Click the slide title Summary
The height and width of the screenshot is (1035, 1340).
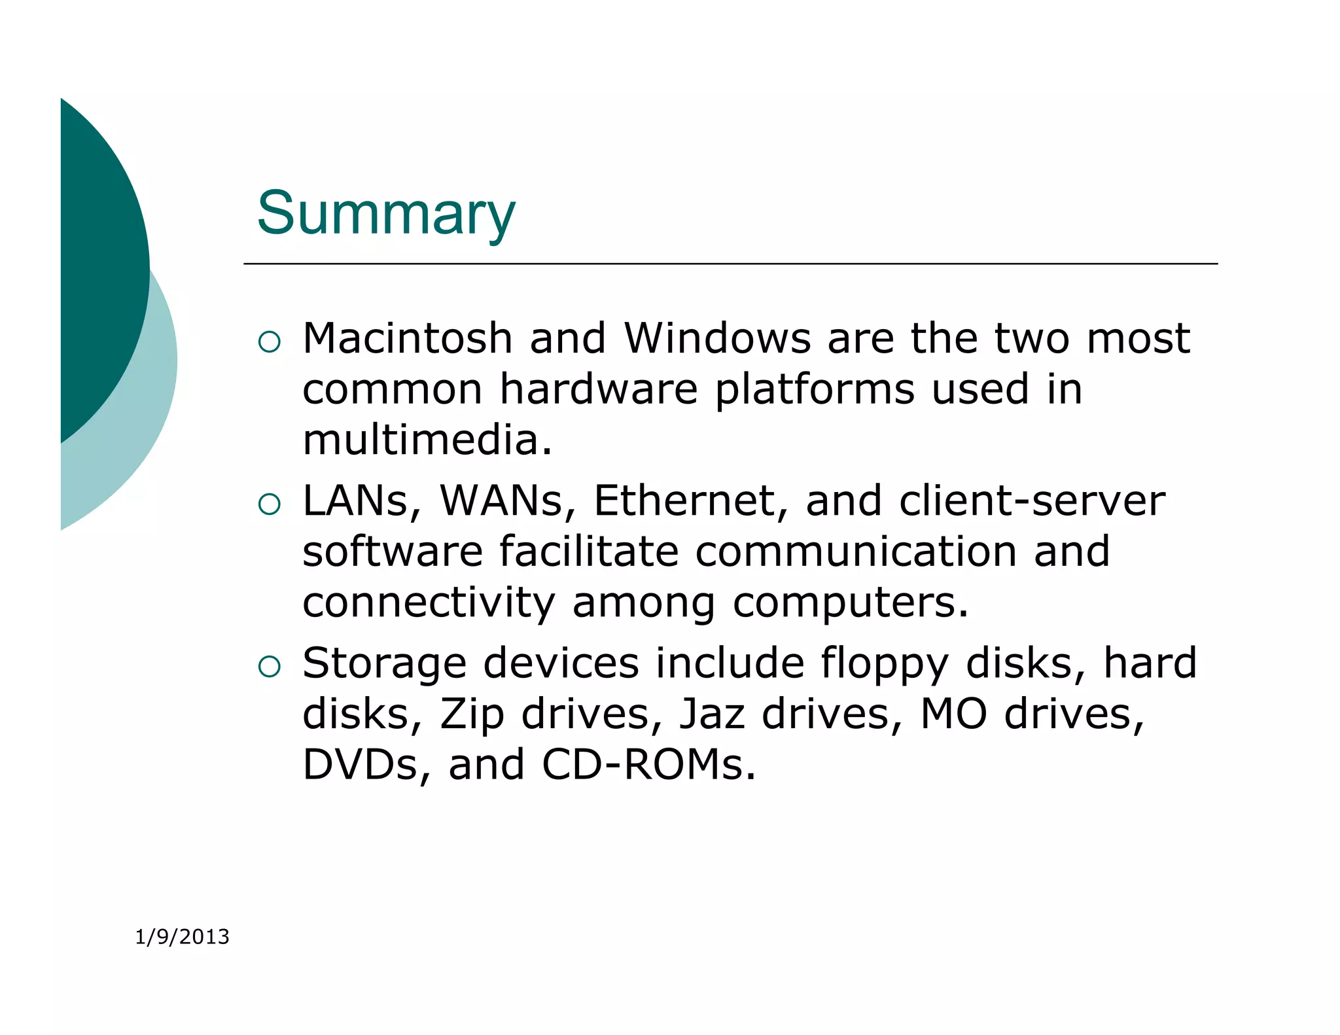386,213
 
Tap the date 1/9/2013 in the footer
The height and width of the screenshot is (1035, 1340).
182,937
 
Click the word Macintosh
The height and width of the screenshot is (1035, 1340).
407,339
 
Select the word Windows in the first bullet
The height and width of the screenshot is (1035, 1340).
717,339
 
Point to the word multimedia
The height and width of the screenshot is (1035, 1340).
427,440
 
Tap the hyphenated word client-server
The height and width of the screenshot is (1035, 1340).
1032,501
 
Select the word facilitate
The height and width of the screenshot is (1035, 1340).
589,552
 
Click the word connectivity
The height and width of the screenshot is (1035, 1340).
429,603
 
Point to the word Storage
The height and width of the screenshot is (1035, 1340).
384,663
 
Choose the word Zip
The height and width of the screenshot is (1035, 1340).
472,714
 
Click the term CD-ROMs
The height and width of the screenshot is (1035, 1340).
648,765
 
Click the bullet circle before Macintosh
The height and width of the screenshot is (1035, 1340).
270,342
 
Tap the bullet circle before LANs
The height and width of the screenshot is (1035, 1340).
270,504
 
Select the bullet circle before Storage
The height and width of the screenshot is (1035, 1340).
270,666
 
